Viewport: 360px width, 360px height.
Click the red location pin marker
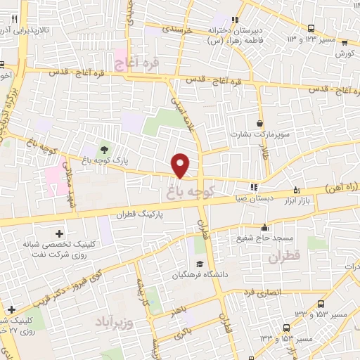(181, 165)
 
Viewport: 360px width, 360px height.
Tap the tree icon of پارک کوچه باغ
(104, 149)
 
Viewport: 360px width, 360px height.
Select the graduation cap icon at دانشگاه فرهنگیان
(200, 264)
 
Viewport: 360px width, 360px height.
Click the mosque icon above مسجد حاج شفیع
(264, 227)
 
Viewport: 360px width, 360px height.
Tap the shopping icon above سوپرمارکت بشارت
(260, 123)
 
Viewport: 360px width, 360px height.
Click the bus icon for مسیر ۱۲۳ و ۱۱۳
(311, 28)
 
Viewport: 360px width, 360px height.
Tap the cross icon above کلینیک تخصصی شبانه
(58, 233)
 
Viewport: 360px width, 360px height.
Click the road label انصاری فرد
(262, 291)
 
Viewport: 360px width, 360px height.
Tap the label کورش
(344, 53)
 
